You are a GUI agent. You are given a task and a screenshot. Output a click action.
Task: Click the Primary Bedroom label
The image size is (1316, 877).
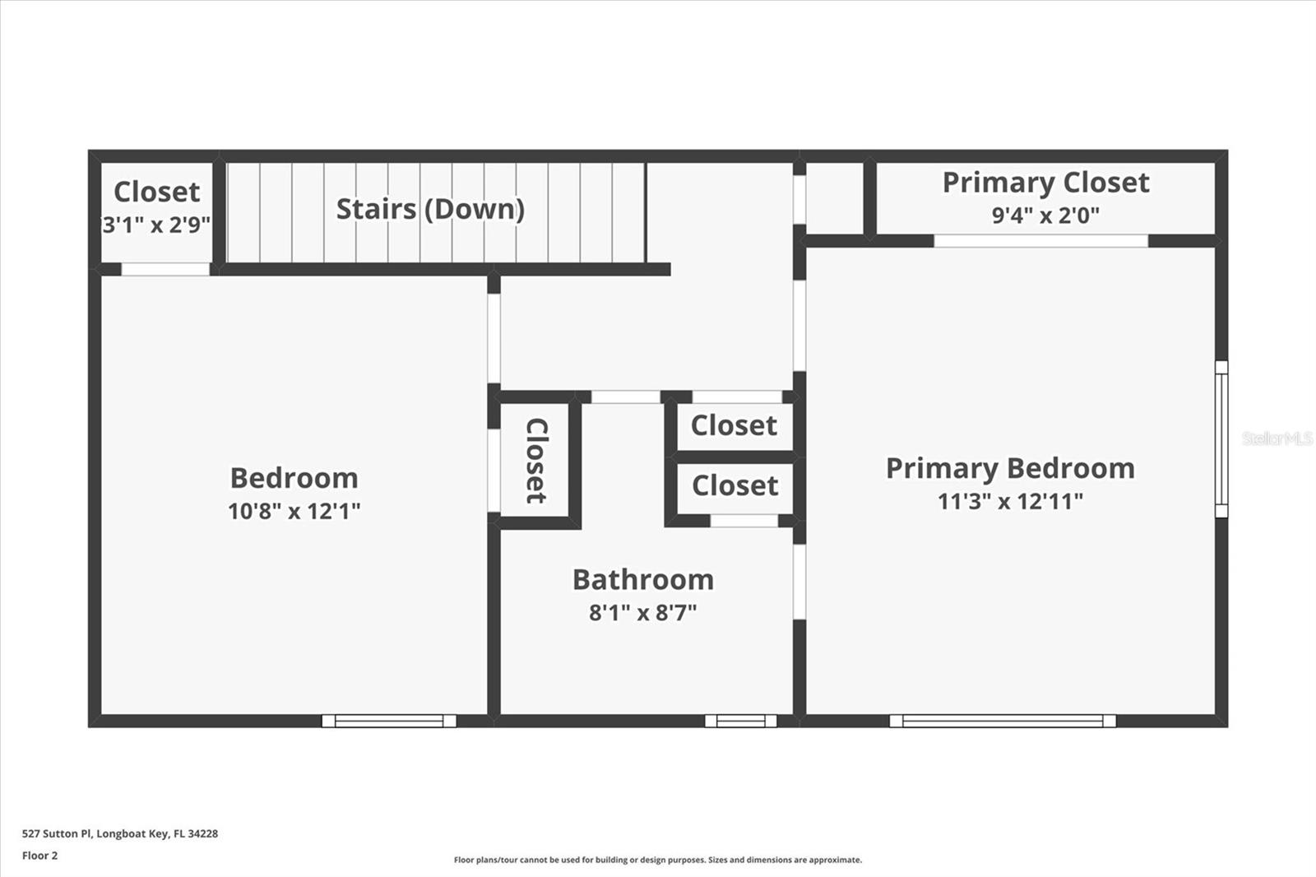[x=1010, y=468]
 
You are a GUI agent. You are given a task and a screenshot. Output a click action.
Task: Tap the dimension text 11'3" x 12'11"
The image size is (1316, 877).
[x=1010, y=501]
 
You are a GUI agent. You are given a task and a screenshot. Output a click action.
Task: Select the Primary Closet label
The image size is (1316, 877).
[x=1045, y=183]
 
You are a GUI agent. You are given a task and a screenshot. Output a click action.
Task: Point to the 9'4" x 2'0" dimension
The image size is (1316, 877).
[x=1045, y=216]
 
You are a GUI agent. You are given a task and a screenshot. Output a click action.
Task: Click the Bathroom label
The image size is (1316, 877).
[x=643, y=580]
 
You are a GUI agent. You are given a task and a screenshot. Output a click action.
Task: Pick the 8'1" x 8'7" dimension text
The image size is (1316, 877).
[x=643, y=613]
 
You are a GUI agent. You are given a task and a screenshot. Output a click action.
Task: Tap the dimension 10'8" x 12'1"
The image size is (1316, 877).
[x=294, y=511]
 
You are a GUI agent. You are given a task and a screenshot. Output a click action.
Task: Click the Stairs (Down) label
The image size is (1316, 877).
[x=430, y=209]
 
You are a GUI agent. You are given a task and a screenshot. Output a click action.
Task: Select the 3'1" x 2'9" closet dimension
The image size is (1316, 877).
[x=156, y=225]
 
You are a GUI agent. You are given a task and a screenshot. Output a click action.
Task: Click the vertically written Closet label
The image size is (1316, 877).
[x=535, y=461]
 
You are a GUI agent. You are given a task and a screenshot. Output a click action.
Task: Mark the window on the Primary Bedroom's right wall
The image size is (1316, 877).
[x=1221, y=438]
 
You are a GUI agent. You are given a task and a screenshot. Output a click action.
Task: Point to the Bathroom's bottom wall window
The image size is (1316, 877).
[x=740, y=721]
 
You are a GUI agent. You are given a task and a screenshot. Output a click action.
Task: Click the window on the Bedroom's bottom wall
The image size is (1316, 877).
[x=389, y=721]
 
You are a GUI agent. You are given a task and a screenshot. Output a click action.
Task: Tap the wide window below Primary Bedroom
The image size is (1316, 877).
[x=1003, y=721]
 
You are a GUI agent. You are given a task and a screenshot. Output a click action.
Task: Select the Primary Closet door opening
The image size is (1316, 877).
[x=1040, y=241]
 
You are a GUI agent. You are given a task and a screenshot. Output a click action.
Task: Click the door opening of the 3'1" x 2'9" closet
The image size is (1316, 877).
[x=165, y=269]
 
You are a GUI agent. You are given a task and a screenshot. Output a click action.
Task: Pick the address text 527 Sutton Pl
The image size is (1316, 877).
[x=120, y=833]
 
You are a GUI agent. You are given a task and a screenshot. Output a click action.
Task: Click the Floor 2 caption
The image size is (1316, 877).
[x=39, y=856]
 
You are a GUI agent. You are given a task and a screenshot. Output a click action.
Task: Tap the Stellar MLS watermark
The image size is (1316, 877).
[x=1277, y=438]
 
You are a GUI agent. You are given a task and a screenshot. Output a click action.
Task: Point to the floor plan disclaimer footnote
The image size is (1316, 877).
[x=658, y=860]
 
